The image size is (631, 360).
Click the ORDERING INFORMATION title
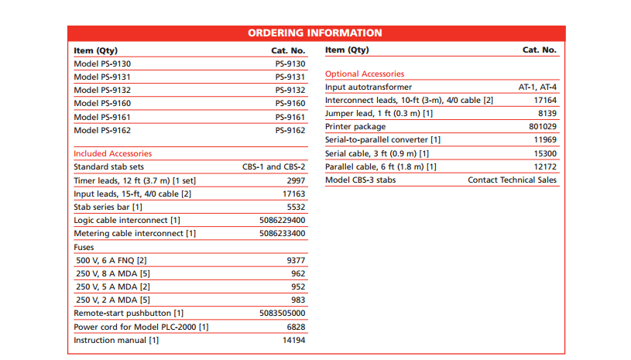click(315, 33)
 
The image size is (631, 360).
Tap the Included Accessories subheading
click(112, 153)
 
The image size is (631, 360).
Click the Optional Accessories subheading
click(365, 74)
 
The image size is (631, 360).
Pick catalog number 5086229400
click(282, 221)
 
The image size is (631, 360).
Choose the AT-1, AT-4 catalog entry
click(537, 87)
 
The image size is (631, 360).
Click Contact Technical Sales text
click(512, 180)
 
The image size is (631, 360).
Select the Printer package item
click(355, 127)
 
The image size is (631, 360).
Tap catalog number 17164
click(545, 101)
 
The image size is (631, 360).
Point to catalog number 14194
click(293, 341)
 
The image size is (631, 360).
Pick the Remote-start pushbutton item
click(129, 314)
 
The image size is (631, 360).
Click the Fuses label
click(84, 248)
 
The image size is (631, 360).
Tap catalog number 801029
click(543, 127)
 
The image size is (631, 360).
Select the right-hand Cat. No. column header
click(539, 50)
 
